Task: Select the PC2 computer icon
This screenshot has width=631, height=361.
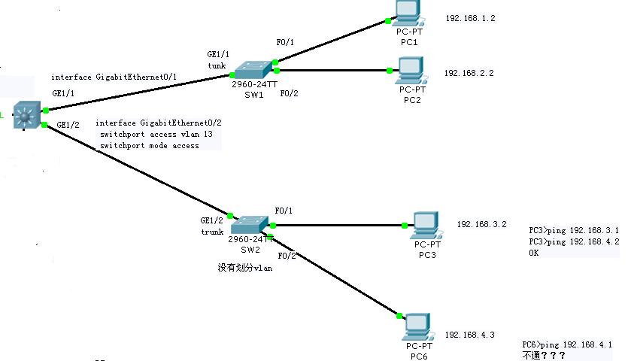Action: [x=412, y=71]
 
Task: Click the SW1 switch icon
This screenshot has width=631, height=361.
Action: [x=253, y=70]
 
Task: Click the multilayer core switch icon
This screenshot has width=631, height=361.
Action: [x=27, y=115]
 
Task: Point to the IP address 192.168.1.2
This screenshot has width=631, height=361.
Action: [x=470, y=18]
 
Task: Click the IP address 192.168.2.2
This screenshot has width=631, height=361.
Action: [x=469, y=73]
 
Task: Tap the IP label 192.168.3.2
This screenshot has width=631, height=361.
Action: [x=481, y=224]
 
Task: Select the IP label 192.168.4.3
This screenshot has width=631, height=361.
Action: [x=469, y=335]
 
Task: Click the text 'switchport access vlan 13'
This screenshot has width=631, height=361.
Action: [x=156, y=134]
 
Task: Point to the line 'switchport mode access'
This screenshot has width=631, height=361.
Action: [x=150, y=146]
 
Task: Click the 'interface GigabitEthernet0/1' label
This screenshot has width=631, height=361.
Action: [x=114, y=77]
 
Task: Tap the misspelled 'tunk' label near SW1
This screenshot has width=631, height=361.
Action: [x=217, y=65]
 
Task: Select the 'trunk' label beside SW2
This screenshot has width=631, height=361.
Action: [x=212, y=232]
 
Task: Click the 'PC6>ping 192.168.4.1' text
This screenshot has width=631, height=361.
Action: [x=567, y=344]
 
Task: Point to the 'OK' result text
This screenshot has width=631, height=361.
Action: [x=534, y=253]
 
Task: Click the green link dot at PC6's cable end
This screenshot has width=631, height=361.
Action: [x=399, y=316]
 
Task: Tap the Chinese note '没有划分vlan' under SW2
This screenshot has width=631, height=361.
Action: [x=244, y=268]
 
